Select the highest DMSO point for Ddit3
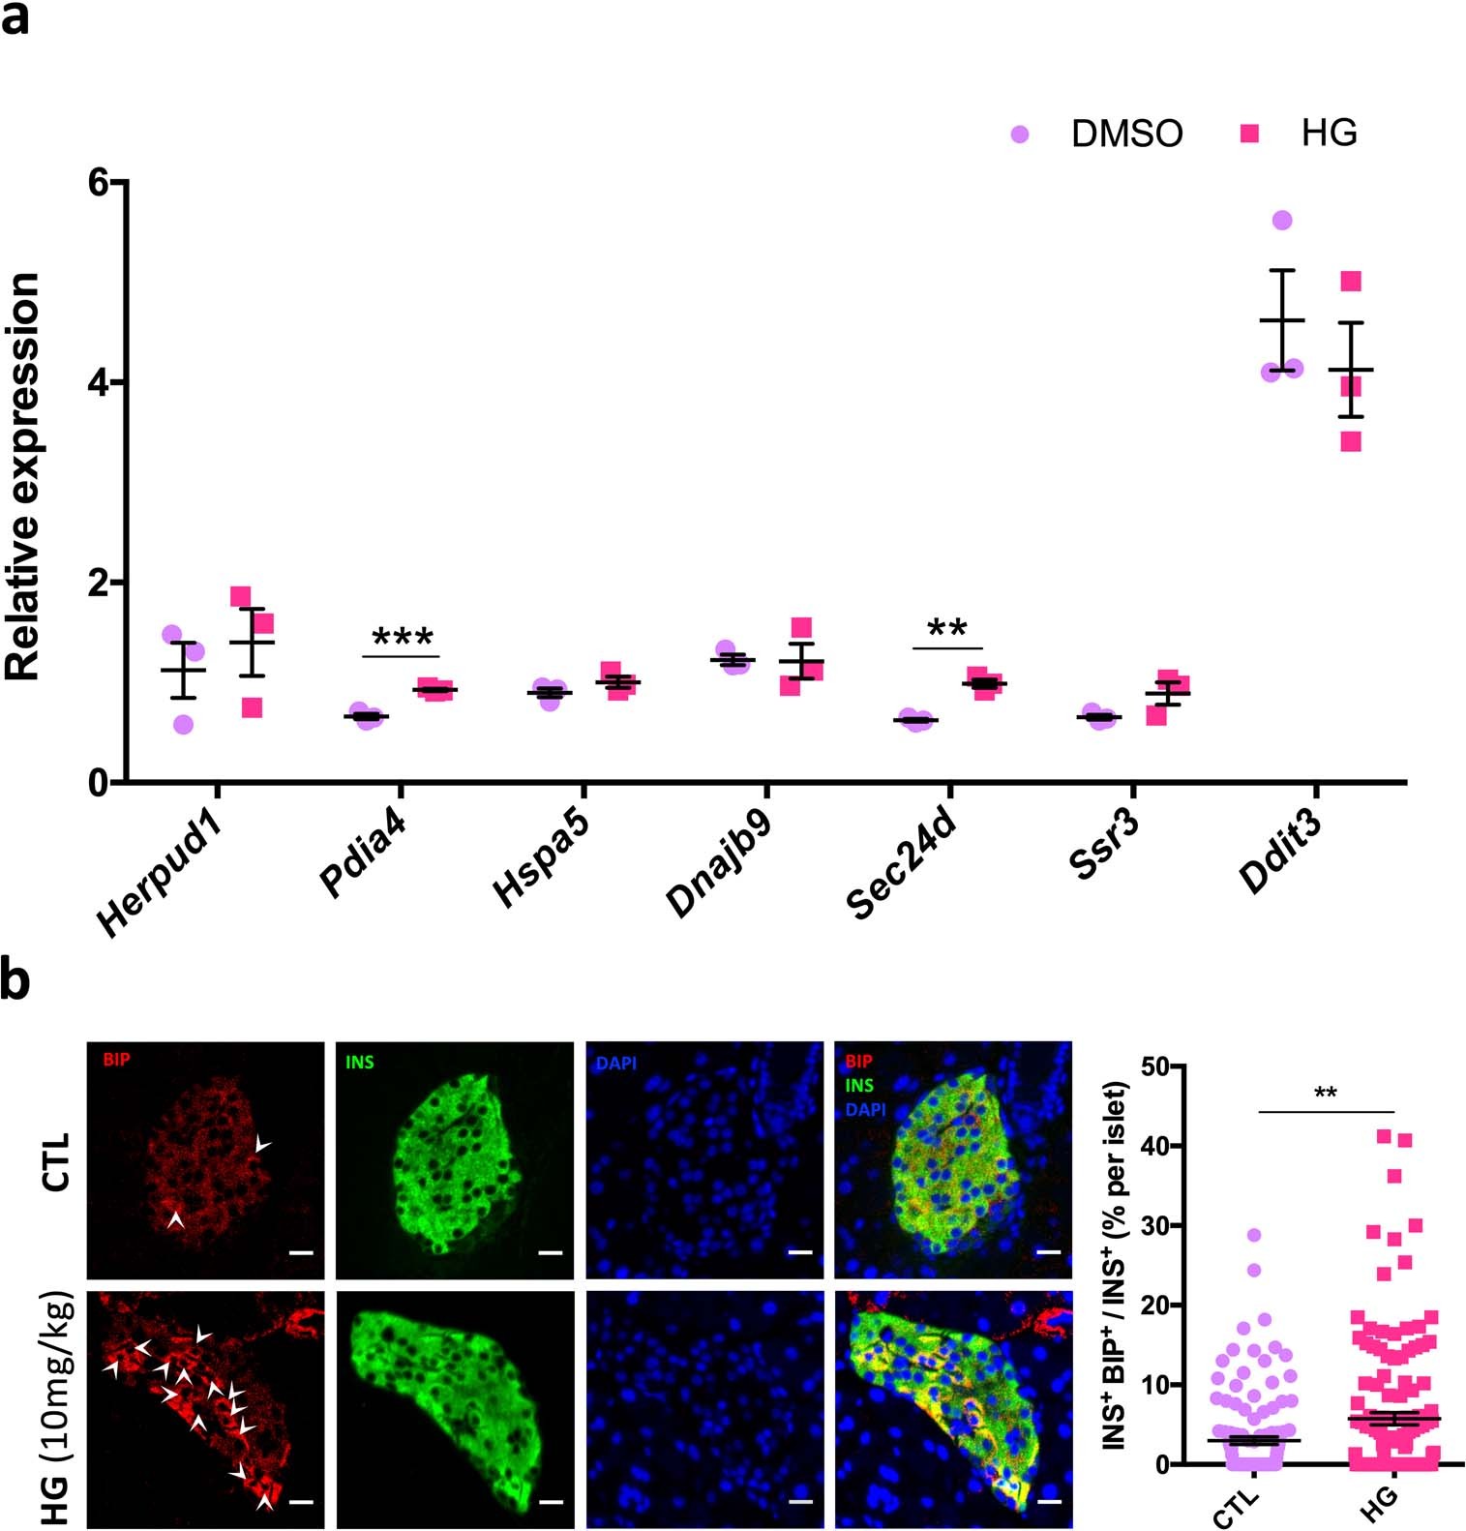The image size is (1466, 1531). point(1282,221)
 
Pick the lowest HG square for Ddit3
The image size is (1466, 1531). point(1351,441)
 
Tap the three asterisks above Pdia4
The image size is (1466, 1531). point(403,639)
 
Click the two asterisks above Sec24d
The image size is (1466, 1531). point(946,629)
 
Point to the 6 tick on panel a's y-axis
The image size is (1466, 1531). point(99,183)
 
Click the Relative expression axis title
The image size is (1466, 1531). point(23,476)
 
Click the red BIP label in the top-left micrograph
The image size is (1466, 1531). point(115,1060)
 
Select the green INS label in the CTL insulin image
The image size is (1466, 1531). point(359,1063)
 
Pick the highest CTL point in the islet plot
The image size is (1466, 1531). point(1254,1235)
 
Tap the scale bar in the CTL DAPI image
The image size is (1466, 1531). point(799,1252)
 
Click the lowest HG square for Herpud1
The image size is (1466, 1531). point(252,707)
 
